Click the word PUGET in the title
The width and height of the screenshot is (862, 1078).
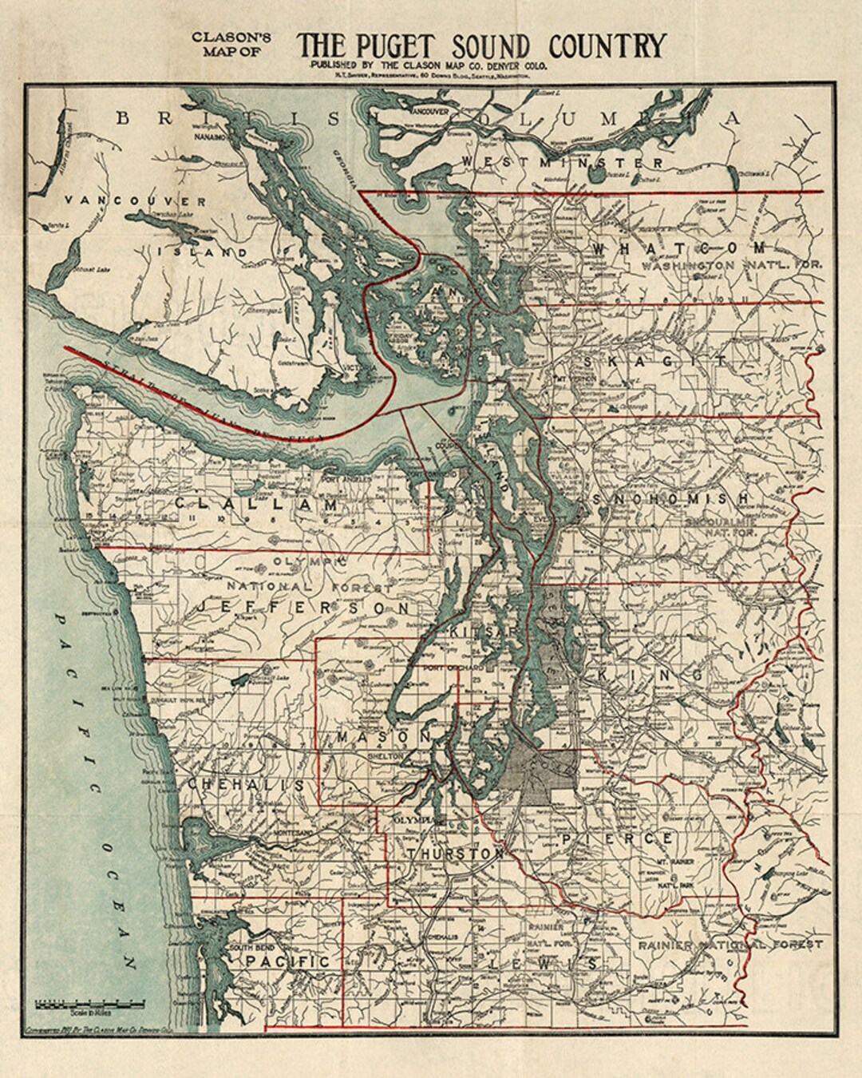click(x=397, y=46)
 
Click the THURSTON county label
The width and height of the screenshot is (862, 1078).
click(x=456, y=854)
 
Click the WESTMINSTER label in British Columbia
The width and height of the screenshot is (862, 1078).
click(x=584, y=163)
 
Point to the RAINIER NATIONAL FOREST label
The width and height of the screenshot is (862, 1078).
click(x=729, y=945)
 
